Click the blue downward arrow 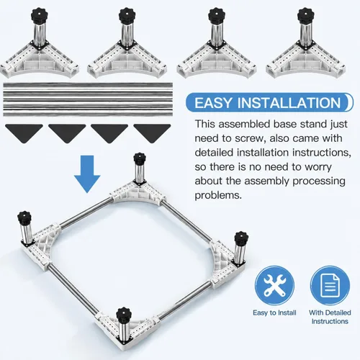87,174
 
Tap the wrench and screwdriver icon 274,286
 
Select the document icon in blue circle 330,286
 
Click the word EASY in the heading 213,103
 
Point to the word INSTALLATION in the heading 289,103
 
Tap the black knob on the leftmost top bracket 40,15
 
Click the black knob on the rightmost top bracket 306,15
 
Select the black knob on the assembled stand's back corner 140,158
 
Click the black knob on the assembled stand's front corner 125,314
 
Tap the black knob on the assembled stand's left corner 24,217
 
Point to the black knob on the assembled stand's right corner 241,238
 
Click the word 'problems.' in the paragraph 218,195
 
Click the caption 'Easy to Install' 274,312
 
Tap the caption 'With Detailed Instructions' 330,317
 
